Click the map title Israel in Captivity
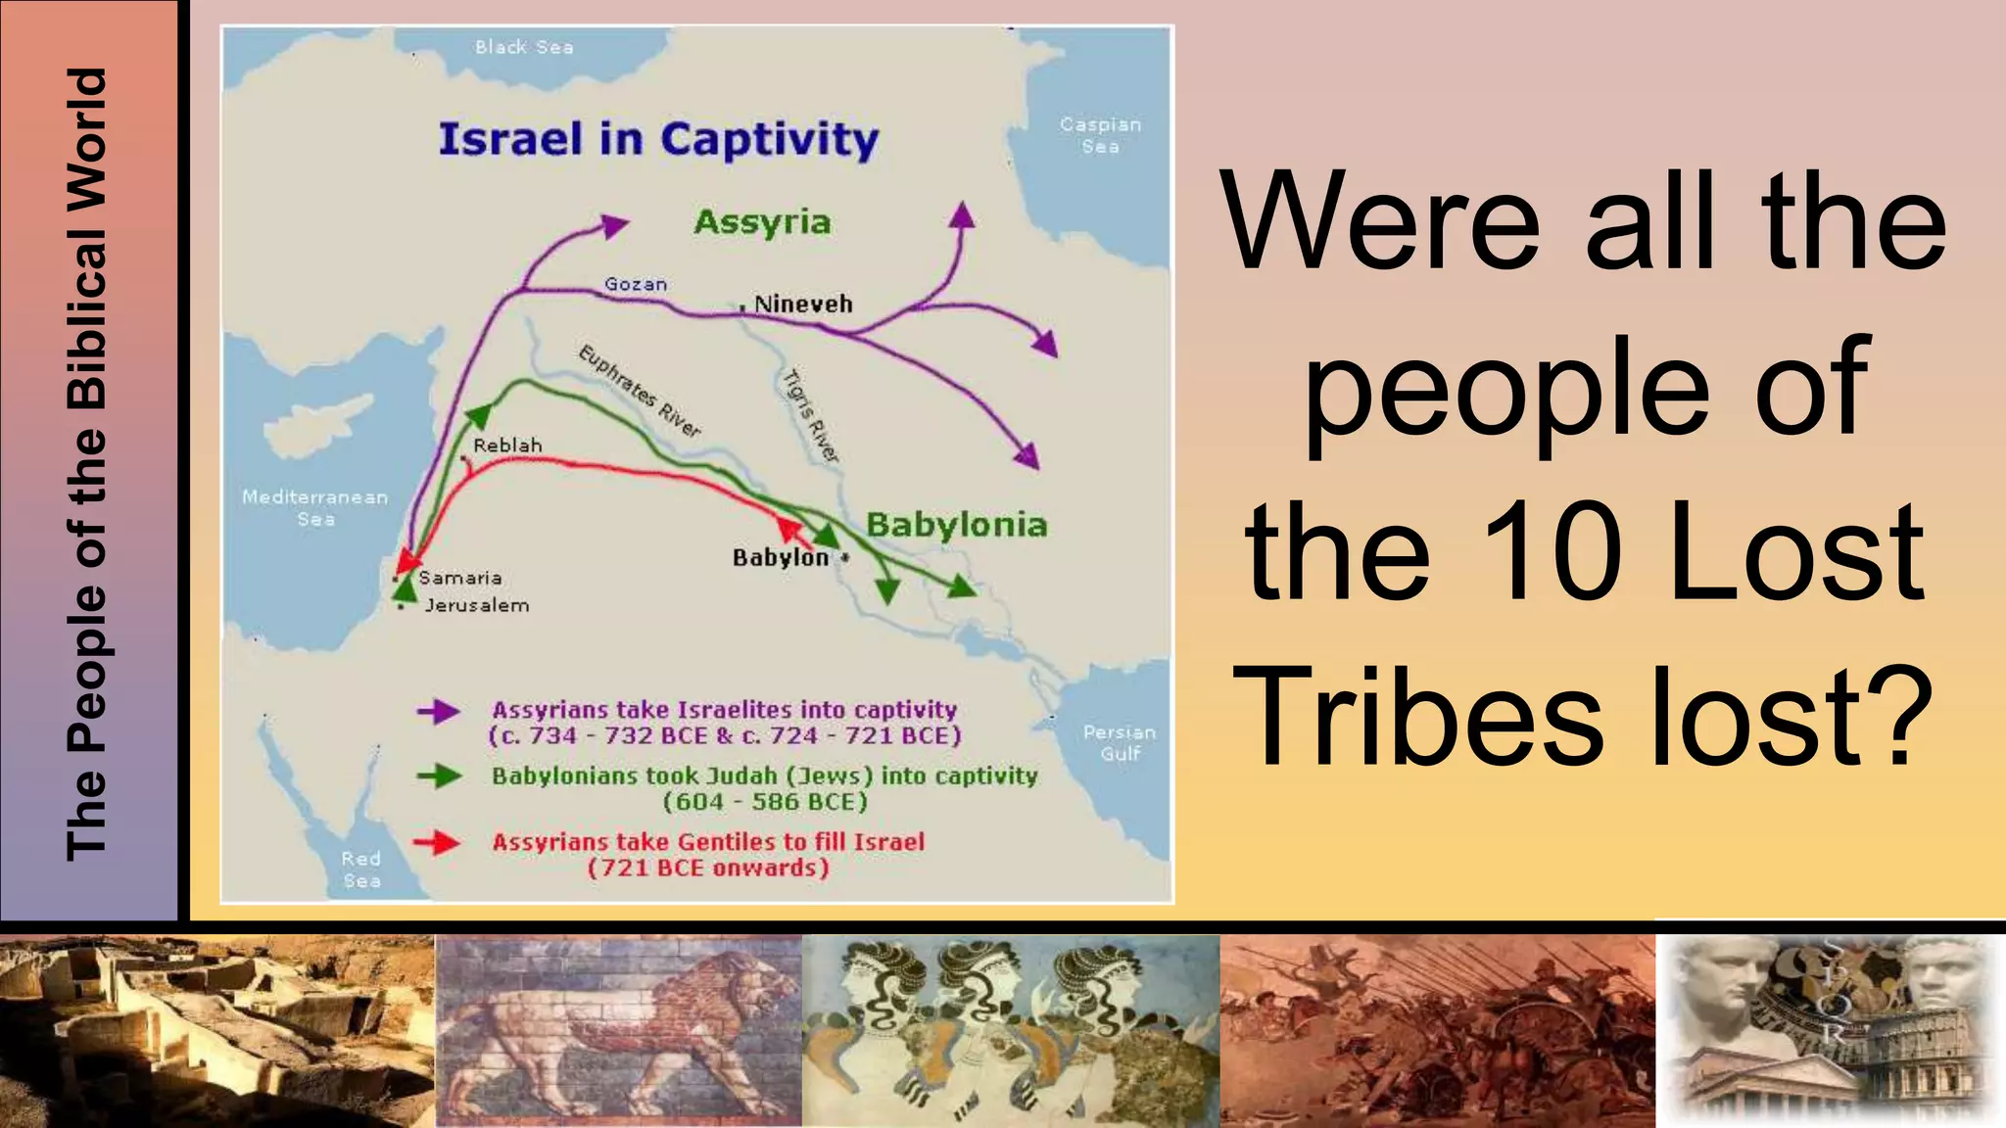point(658,140)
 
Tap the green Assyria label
point(762,222)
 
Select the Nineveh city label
point(803,305)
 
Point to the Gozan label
point(636,284)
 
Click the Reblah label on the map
point(507,446)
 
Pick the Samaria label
point(460,578)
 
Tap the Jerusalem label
point(477,606)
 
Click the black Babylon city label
point(781,557)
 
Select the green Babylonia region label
point(956,526)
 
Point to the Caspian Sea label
point(1100,135)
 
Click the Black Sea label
point(524,47)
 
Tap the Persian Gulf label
point(1119,743)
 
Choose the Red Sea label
point(361,869)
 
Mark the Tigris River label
point(811,415)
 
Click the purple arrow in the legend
point(438,712)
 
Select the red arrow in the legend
point(437,842)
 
